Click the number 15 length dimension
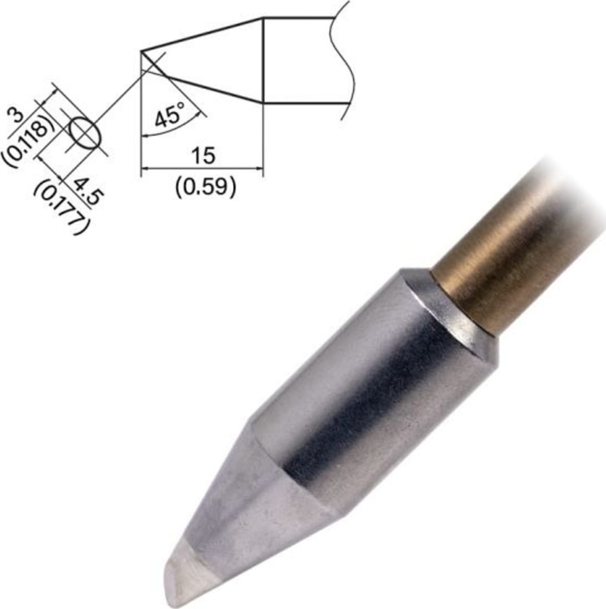click(x=203, y=156)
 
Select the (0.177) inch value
click(x=62, y=208)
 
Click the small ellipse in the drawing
click(x=84, y=133)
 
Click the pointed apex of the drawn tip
click(x=142, y=51)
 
